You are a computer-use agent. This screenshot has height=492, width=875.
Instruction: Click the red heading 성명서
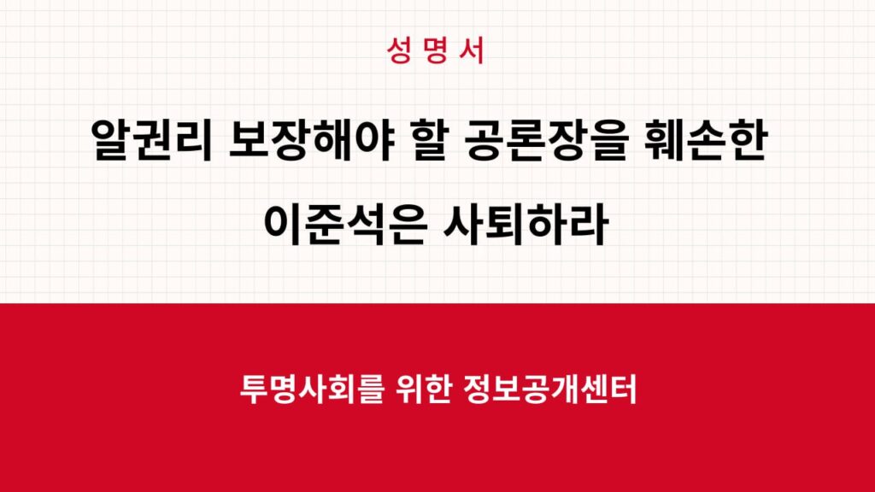click(437, 51)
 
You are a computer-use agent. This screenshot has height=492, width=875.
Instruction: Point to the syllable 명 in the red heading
click(437, 51)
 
